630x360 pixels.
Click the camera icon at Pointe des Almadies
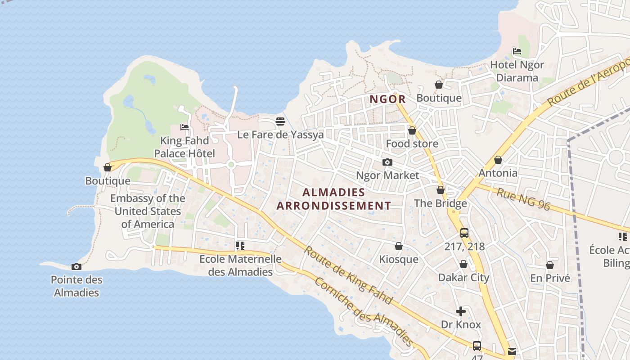tap(76, 266)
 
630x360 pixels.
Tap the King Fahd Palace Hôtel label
tap(184, 147)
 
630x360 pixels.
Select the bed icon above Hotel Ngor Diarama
tap(517, 51)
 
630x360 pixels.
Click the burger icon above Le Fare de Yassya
tap(280, 121)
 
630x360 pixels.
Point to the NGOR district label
tap(387, 99)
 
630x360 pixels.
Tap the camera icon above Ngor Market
tap(387, 162)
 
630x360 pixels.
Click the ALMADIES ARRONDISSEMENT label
tap(333, 199)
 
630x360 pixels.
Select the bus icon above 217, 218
tap(464, 233)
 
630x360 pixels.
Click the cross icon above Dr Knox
tap(461, 311)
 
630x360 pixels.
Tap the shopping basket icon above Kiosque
tap(398, 246)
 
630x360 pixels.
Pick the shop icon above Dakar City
tap(463, 264)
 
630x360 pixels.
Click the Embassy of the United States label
tap(148, 211)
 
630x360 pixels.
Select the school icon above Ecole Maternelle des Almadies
tap(240, 246)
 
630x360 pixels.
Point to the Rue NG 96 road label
tap(523, 199)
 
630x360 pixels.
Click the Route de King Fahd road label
tap(348, 275)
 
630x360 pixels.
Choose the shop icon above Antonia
tap(498, 160)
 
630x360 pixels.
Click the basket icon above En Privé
tap(550, 265)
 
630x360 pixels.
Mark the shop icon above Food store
tap(412, 130)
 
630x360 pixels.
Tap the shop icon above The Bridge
tap(441, 190)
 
